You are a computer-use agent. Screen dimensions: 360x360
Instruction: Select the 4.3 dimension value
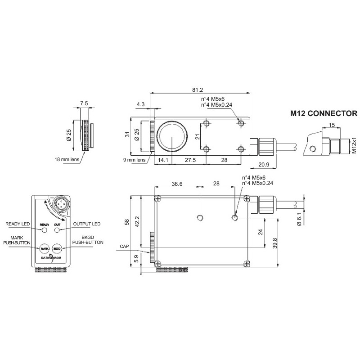tap(140, 104)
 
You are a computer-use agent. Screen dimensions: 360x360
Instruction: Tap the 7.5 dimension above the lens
tap(84, 103)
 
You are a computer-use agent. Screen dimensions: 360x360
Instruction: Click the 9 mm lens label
tap(135, 159)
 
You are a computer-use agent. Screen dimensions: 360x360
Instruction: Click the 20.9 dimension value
tap(261, 165)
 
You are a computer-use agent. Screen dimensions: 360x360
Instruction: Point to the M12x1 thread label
tap(354, 146)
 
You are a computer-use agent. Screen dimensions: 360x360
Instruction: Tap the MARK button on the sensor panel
tap(45, 248)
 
